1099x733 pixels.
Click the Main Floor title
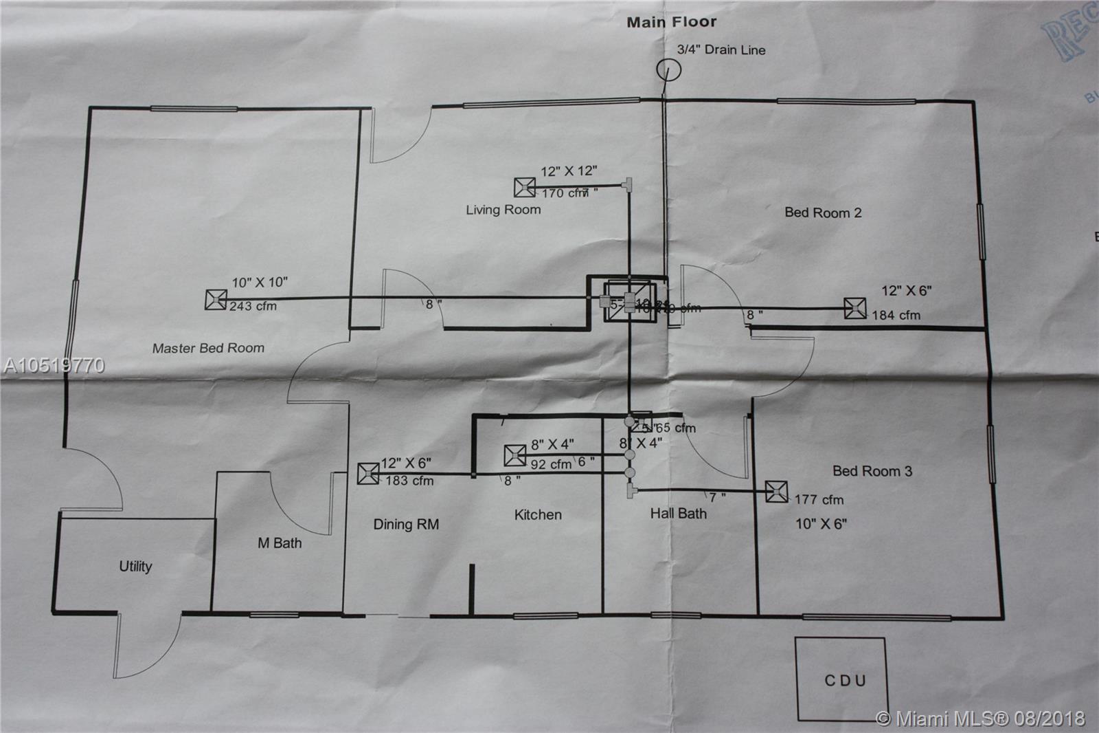coord(671,22)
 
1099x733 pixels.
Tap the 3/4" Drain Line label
coord(721,50)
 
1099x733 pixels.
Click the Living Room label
coord(503,210)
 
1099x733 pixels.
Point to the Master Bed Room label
coord(208,349)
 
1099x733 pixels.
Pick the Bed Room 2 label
coord(823,212)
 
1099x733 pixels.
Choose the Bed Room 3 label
coord(872,471)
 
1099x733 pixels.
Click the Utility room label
coord(135,567)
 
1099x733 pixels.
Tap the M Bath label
coord(280,543)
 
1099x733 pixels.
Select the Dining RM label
coord(406,525)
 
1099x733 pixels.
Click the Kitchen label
coord(538,515)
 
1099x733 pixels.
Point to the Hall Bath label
coord(678,514)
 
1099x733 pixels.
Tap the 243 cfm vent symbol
coord(216,300)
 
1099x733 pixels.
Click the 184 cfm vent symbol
coord(855,308)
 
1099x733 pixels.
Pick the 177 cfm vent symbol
coord(777,492)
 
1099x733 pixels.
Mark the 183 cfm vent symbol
coord(368,474)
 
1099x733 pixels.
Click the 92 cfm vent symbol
coord(515,455)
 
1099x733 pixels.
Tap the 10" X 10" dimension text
coord(260,283)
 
